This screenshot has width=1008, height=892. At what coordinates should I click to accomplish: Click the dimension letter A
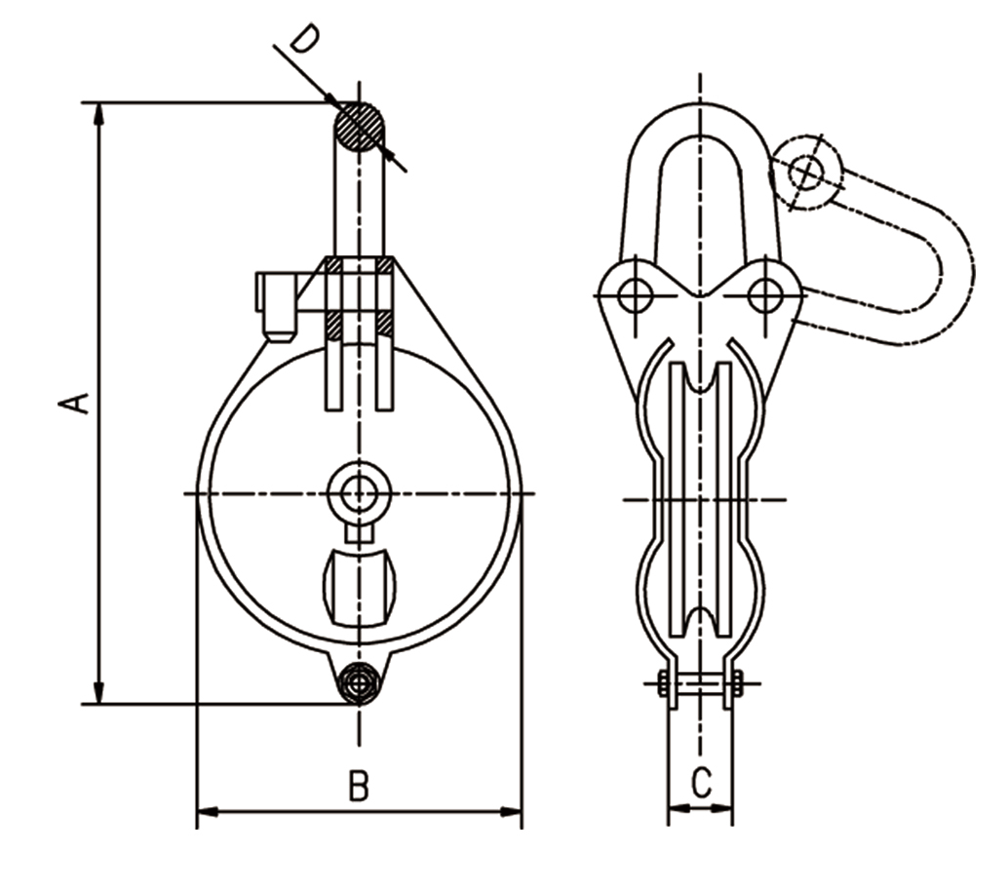click(74, 403)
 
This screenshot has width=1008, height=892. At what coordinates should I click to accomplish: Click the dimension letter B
click(359, 786)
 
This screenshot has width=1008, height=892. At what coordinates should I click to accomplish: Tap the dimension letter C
click(701, 783)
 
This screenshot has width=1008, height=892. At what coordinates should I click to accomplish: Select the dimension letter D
click(303, 39)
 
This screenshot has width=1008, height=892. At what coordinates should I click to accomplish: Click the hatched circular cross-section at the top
click(359, 126)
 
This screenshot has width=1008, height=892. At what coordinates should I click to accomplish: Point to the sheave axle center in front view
click(359, 493)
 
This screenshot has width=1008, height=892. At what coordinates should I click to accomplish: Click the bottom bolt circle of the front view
click(359, 683)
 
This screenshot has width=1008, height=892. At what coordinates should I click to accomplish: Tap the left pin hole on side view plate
click(636, 295)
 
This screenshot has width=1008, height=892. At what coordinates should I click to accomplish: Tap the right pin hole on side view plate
click(765, 295)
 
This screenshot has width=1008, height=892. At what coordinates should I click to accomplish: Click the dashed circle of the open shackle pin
click(807, 172)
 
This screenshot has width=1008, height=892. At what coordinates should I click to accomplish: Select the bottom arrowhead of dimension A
click(98, 693)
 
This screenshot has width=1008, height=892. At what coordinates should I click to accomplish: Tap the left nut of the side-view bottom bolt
click(662, 683)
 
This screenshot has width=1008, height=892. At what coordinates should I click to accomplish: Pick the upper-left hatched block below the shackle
click(333, 264)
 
